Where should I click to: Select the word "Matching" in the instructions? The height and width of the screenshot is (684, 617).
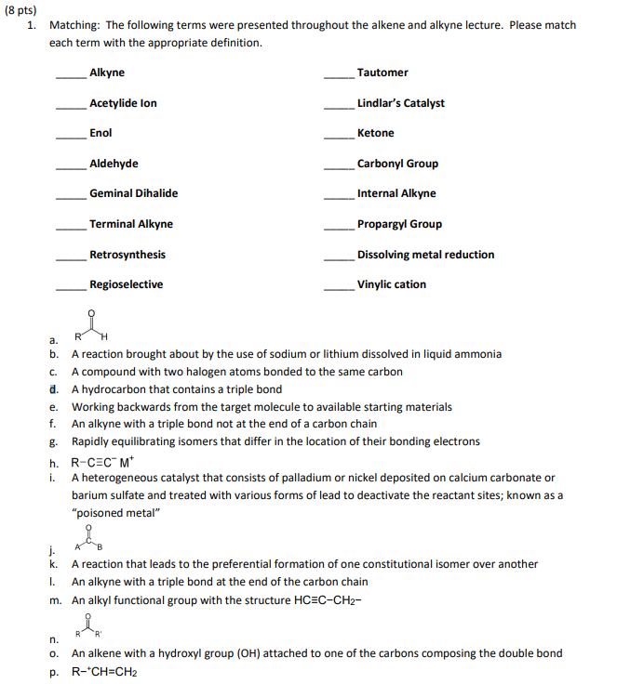coord(73,26)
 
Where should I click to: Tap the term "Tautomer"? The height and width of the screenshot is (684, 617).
coord(382,72)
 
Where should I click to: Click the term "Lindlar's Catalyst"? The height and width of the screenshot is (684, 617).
coord(400,103)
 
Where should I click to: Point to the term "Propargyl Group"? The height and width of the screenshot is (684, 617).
coord(399,224)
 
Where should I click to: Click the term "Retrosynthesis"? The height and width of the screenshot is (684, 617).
coord(127,255)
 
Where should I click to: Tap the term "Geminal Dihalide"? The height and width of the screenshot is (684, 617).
coord(133,193)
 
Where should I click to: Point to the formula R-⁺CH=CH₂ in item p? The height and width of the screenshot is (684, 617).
coord(103,671)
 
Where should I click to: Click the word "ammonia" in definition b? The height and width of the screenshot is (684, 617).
coord(479,354)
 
